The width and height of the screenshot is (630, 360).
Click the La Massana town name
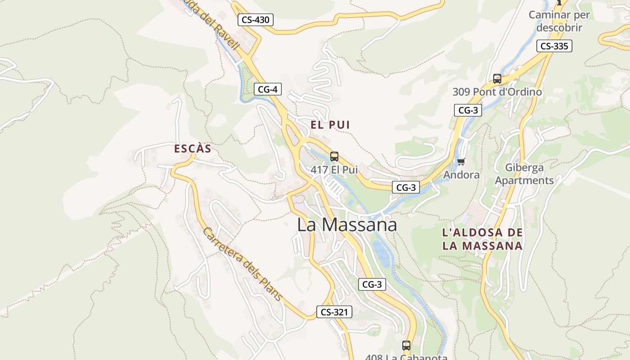[x=347, y=225]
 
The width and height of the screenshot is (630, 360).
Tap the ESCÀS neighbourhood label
[x=193, y=149]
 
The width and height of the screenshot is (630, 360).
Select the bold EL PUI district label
[x=330, y=125]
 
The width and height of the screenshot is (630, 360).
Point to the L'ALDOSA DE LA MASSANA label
[x=482, y=239]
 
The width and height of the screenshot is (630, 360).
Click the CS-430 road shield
[x=255, y=20]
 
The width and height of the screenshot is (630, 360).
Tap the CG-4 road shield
[x=267, y=89]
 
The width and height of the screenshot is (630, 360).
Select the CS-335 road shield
[x=554, y=46]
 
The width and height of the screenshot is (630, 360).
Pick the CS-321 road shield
[x=334, y=312]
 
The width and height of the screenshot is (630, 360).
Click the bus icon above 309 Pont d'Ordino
[x=497, y=79]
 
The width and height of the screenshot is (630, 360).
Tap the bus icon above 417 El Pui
[x=334, y=157]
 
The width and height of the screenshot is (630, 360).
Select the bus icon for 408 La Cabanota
[x=406, y=346]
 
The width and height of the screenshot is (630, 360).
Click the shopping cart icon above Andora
[x=461, y=162]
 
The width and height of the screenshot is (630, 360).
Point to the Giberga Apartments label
[x=524, y=174]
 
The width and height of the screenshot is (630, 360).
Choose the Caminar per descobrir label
[x=558, y=21]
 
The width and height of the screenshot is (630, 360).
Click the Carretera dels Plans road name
[x=242, y=264]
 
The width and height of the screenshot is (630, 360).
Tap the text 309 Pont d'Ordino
[x=497, y=92]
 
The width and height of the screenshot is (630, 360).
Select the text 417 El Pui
[x=334, y=170]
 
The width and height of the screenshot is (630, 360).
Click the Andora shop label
[x=461, y=175]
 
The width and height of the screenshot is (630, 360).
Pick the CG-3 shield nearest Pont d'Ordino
[x=468, y=110]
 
